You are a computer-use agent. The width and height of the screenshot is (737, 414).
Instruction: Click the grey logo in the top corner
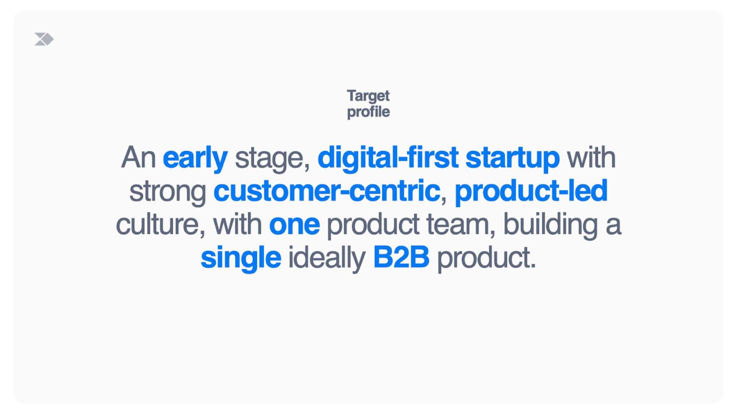(x=44, y=39)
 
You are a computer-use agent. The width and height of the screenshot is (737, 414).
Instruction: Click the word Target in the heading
(x=368, y=96)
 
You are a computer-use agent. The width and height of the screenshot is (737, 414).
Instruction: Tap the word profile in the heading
(x=368, y=112)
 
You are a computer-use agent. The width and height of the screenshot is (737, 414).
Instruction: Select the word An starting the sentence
(x=138, y=157)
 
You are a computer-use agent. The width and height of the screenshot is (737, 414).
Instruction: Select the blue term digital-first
(x=388, y=158)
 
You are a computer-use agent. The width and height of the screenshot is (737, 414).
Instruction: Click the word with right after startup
(x=591, y=157)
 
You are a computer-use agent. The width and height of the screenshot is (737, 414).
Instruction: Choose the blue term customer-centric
(x=327, y=191)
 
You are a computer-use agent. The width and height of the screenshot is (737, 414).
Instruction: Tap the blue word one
(x=294, y=225)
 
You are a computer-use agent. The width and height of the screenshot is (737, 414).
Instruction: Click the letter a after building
(x=613, y=225)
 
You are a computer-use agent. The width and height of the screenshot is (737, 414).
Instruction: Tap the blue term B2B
(x=401, y=257)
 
